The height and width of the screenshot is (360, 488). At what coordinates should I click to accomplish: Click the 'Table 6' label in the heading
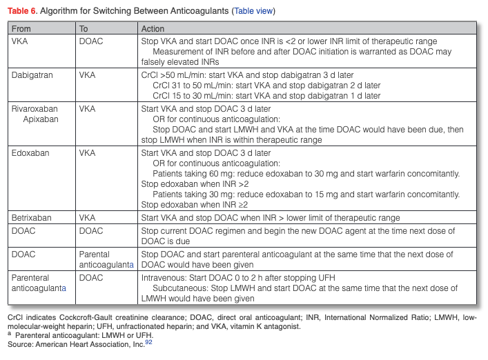click(21, 12)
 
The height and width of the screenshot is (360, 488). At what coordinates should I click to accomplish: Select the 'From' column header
click(21, 29)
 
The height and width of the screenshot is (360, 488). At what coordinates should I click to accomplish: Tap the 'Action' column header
click(153, 29)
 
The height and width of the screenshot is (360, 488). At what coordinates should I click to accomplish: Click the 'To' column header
click(84, 29)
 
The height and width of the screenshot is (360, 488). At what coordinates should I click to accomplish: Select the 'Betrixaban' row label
click(31, 218)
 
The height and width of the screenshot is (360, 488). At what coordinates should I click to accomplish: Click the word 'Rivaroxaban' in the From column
click(34, 109)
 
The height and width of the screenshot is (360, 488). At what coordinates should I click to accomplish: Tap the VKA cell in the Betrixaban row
click(87, 218)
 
